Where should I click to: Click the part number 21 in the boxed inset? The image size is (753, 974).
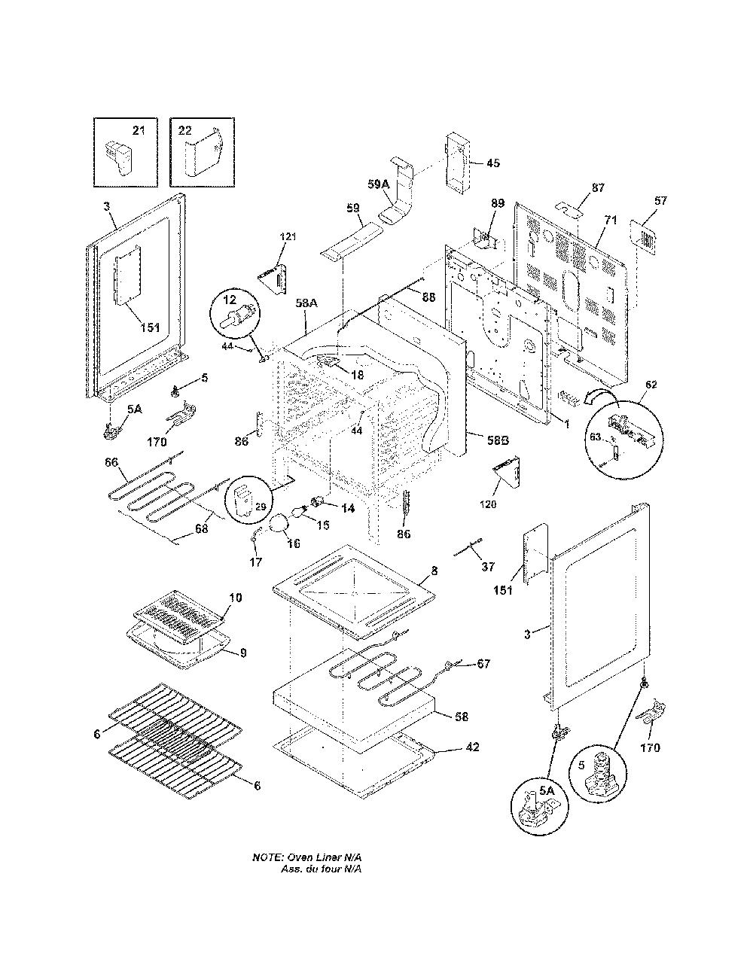tap(139, 130)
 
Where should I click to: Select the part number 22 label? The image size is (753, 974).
tap(184, 130)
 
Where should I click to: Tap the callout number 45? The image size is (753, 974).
tap(493, 163)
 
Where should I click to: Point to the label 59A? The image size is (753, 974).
tap(378, 184)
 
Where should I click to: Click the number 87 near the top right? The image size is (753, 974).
tap(598, 188)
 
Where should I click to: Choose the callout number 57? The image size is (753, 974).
tap(660, 201)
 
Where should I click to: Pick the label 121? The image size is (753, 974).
tap(288, 236)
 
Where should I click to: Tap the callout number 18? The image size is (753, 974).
tap(357, 375)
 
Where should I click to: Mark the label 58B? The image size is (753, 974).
tap(498, 440)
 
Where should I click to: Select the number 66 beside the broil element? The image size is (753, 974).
tap(111, 462)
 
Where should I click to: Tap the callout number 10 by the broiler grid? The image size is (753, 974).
tap(235, 598)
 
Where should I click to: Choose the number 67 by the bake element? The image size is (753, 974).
tap(483, 663)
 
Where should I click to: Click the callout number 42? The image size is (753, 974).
tap(472, 747)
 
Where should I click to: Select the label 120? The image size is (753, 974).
tap(488, 504)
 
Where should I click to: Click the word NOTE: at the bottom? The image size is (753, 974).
tap(268, 857)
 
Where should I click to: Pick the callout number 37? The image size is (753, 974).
tap(488, 567)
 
